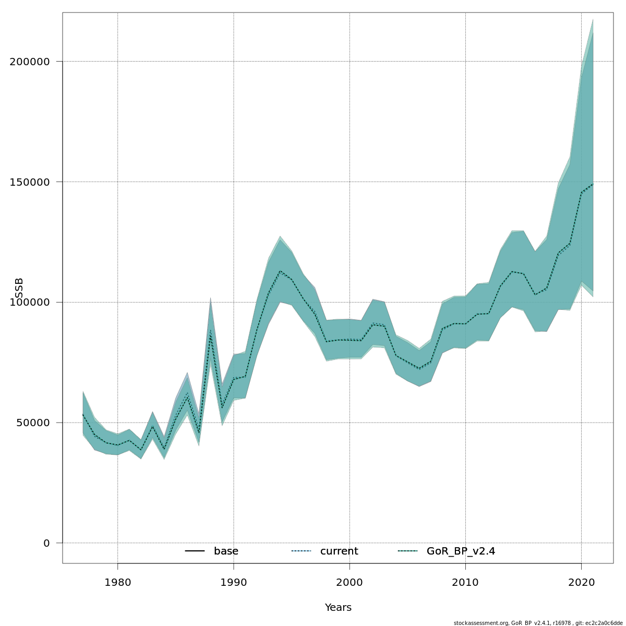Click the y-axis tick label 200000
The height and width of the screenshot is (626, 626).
pyautogui.click(x=30, y=62)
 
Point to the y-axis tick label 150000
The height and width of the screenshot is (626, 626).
pyautogui.click(x=30, y=182)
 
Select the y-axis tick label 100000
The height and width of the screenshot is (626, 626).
pyautogui.click(x=30, y=303)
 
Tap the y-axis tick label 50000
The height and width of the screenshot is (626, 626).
pyautogui.click(x=33, y=423)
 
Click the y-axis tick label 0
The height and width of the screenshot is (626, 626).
pyautogui.click(x=46, y=544)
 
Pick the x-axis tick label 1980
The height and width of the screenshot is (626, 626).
pyautogui.click(x=117, y=582)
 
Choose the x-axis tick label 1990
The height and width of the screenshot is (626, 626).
pyautogui.click(x=233, y=582)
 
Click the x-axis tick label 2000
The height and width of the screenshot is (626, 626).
pyautogui.click(x=350, y=582)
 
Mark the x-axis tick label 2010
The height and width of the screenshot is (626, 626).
pyautogui.click(x=465, y=582)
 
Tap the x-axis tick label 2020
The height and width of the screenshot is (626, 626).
pyautogui.click(x=581, y=582)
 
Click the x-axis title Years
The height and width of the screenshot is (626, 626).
pyautogui.click(x=338, y=608)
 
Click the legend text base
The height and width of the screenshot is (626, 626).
pyautogui.click(x=226, y=551)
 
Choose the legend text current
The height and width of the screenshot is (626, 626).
pyautogui.click(x=339, y=551)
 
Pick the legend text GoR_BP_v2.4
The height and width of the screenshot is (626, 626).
pyautogui.click(x=461, y=551)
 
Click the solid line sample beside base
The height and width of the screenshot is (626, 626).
pyautogui.click(x=195, y=551)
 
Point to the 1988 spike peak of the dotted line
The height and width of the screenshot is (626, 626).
pyautogui.click(x=210, y=334)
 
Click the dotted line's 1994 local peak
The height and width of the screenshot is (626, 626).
pyautogui.click(x=280, y=271)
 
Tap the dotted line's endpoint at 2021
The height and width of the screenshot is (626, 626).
pyautogui.click(x=593, y=184)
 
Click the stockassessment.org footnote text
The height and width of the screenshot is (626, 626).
pyautogui.click(x=538, y=623)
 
